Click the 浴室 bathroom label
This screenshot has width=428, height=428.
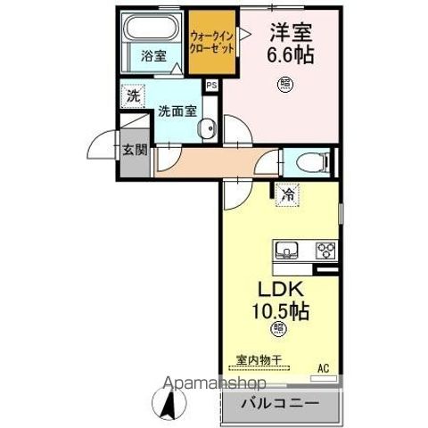[153, 56]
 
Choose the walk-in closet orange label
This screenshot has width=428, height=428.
[213, 41]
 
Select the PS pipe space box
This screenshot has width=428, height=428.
[211, 86]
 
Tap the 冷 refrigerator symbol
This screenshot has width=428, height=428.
[287, 193]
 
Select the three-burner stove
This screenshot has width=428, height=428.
[324, 249]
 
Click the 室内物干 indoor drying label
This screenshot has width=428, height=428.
[259, 359]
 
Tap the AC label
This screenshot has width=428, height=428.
[323, 366]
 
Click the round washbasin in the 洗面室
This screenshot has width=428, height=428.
[207, 128]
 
